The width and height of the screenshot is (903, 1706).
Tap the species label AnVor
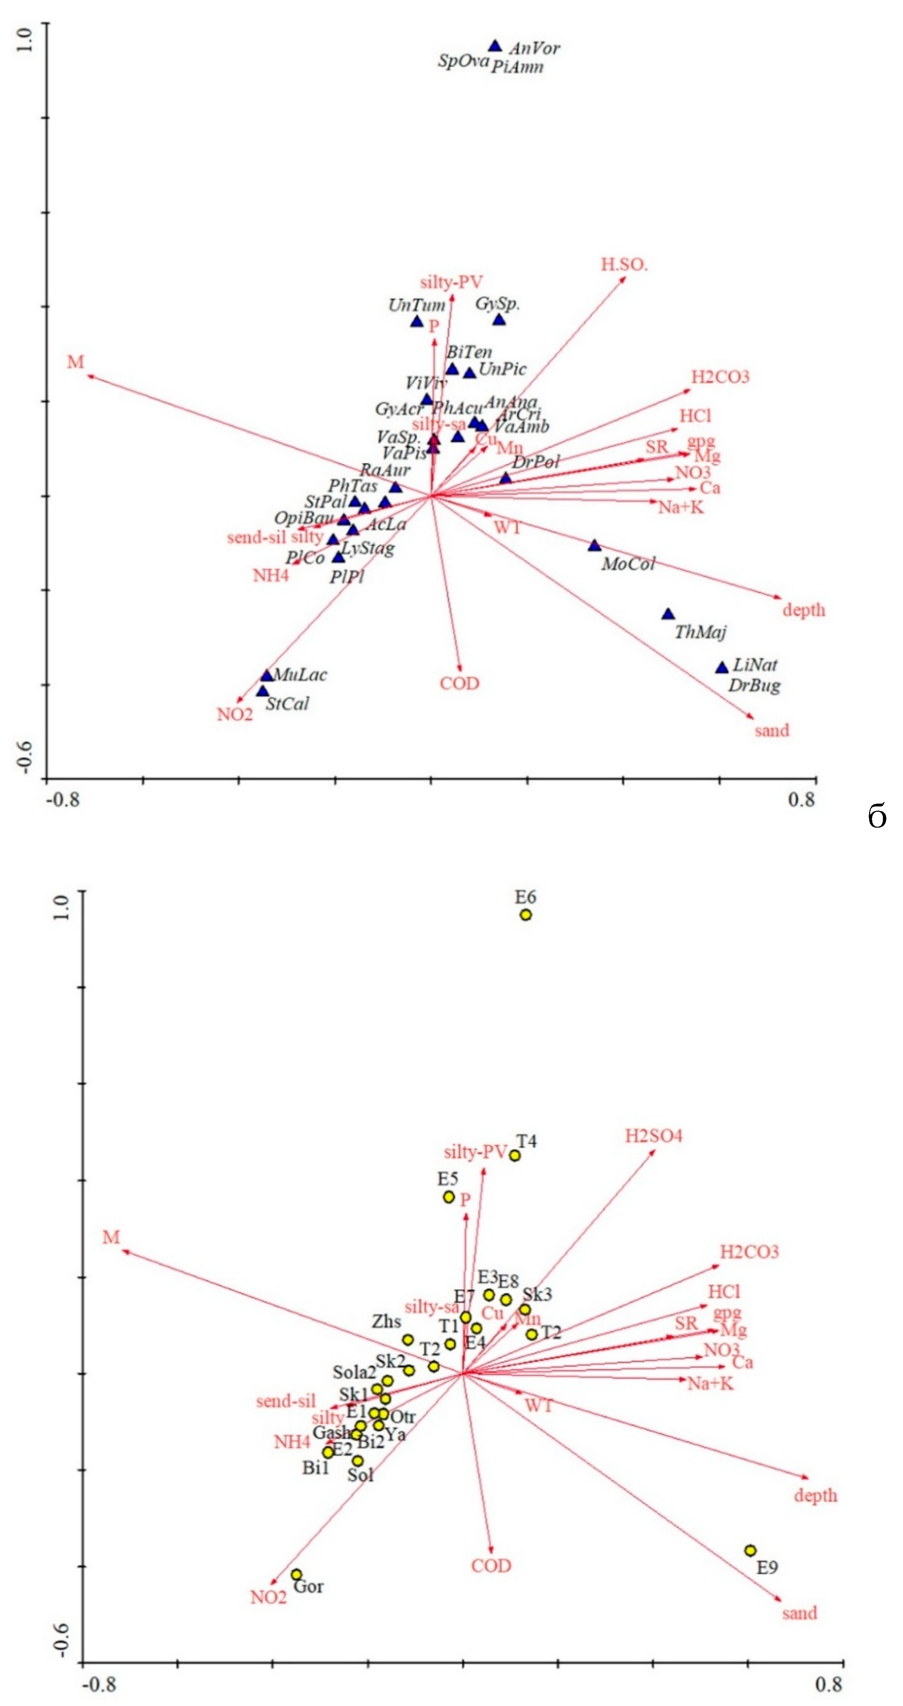pos(534,48)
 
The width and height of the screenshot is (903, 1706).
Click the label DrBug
pos(754,686)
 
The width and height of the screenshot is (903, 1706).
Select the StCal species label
pos(287,704)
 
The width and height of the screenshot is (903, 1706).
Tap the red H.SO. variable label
pos(624,265)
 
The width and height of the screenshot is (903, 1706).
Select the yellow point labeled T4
pos(515,1156)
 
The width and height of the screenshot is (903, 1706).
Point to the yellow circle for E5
pos(449,1198)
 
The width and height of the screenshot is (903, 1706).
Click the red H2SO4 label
pos(653,1137)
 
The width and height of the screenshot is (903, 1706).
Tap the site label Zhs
pos(386,1322)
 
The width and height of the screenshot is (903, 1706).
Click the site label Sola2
pos(354,1373)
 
